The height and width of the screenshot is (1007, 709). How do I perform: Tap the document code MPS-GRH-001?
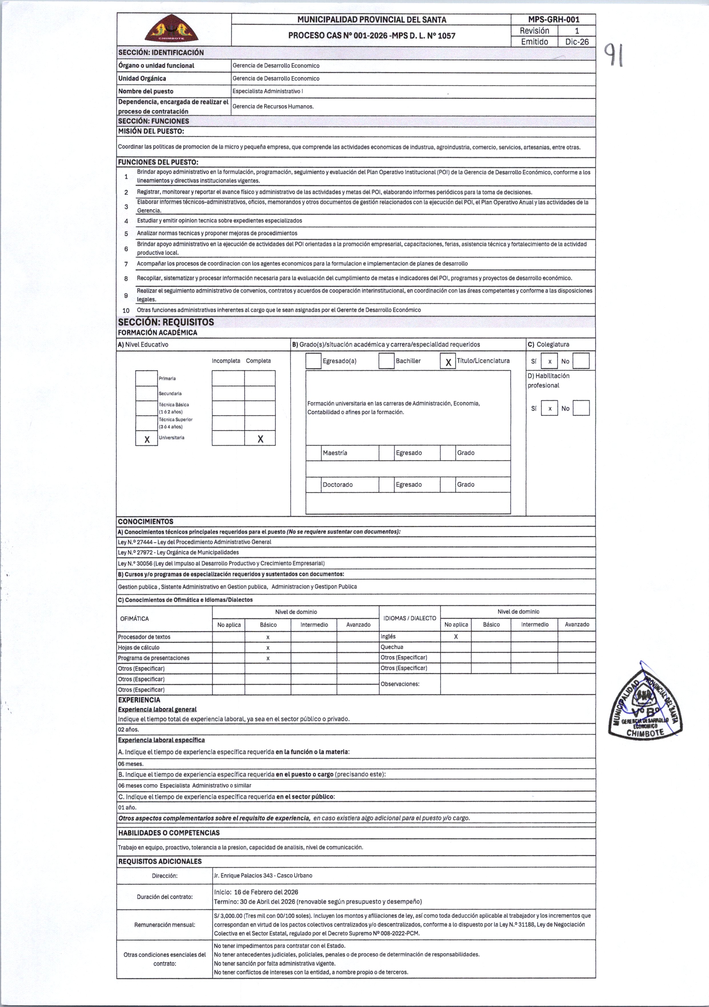553,19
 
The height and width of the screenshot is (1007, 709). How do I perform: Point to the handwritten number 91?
614,54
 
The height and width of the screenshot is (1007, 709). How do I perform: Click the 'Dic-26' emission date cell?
576,42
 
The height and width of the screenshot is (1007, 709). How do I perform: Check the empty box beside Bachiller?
386,361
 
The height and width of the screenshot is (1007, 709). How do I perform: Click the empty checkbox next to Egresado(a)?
313,361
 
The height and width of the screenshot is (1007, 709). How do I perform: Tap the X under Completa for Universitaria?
260,438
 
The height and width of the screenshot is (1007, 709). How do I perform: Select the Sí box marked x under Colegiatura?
549,361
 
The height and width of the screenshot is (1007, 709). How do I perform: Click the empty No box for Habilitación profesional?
581,408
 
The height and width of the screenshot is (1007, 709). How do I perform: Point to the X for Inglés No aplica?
456,636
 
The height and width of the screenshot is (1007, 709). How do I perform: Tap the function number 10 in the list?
126,310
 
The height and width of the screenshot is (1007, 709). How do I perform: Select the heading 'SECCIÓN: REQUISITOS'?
166,322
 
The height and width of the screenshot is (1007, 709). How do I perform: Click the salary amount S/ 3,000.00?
228,916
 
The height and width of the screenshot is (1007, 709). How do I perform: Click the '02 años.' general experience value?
129,729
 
